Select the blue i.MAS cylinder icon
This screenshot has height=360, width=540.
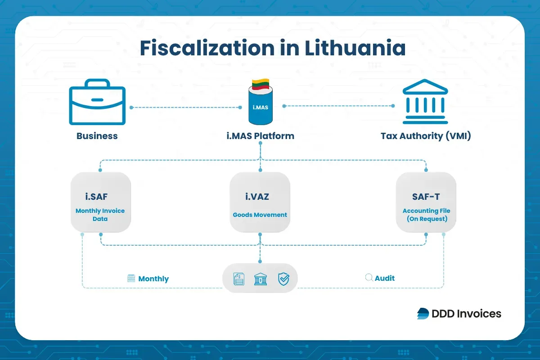coord(261,106)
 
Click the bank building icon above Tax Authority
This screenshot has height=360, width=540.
coord(425,103)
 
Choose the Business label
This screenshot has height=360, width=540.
coord(97,136)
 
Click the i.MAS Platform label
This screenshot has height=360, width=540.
coord(261,136)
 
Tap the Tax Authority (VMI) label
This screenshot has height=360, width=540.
coord(426,136)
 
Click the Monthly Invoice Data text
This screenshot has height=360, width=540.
coord(100,215)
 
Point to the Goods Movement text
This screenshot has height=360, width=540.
coord(260,215)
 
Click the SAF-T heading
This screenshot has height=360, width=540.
coord(426,196)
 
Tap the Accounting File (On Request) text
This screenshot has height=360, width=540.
coord(426,215)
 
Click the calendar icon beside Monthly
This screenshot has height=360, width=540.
coord(131,279)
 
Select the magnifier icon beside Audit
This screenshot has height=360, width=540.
coord(369,278)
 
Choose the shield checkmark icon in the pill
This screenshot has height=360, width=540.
coord(283,279)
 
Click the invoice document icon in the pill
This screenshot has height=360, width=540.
coord(238,279)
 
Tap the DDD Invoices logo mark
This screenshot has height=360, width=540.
coord(423,314)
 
